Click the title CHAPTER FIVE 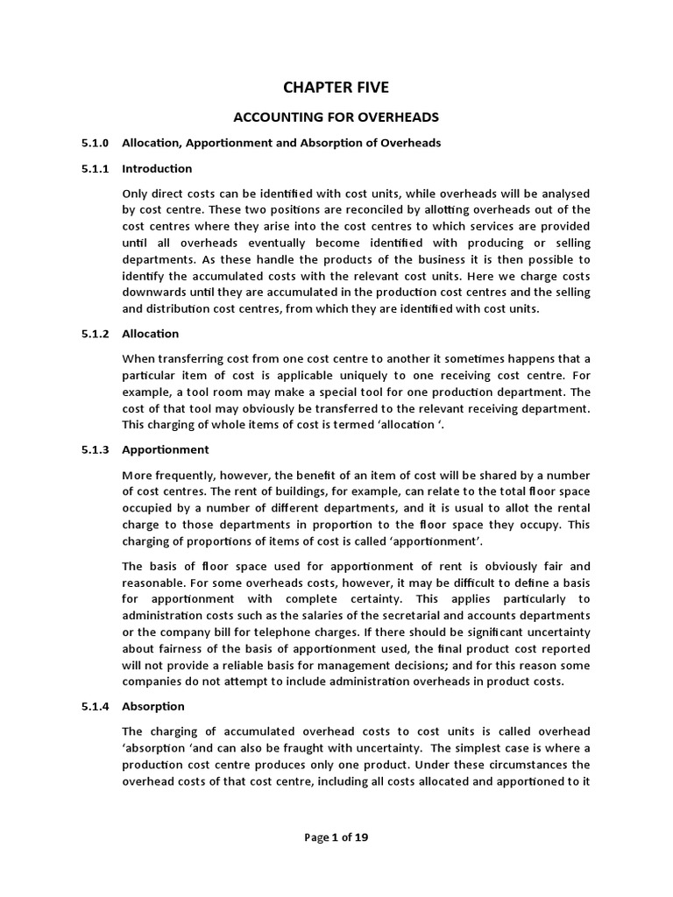(336, 87)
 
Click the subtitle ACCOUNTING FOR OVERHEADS (336, 116)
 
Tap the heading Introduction (157, 168)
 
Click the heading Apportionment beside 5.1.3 (166, 449)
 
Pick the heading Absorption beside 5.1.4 (153, 706)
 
